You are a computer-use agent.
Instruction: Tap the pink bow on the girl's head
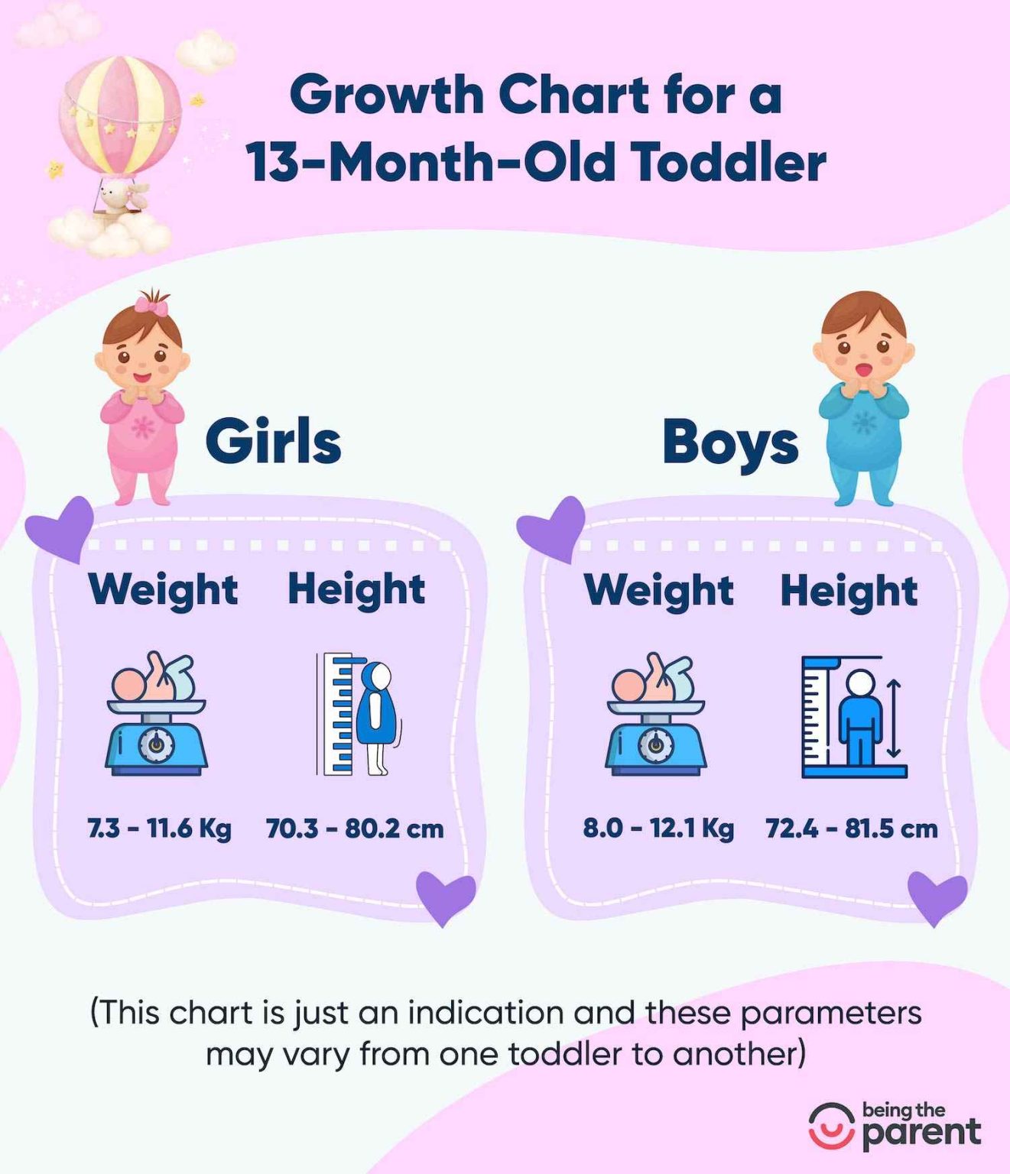pyautogui.click(x=151, y=305)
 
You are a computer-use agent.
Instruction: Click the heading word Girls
pyautogui.click(x=273, y=442)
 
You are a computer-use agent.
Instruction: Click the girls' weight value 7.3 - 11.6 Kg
pyautogui.click(x=159, y=828)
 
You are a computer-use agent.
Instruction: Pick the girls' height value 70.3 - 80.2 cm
pyautogui.click(x=355, y=829)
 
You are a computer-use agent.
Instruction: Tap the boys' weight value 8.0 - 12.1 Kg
pyautogui.click(x=658, y=828)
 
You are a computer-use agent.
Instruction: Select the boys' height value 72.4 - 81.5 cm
pyautogui.click(x=851, y=829)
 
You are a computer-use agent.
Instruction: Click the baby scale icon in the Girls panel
pyautogui.click(x=157, y=714)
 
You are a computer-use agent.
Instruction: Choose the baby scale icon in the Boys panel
pyautogui.click(x=656, y=715)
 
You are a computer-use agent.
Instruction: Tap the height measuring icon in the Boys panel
pyautogui.click(x=853, y=716)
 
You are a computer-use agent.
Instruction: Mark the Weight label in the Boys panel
pyautogui.click(x=658, y=590)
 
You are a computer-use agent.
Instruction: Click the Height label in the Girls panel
pyautogui.click(x=356, y=589)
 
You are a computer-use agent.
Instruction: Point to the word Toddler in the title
pyautogui.click(x=729, y=163)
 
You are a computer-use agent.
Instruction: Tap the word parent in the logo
pyautogui.click(x=921, y=1133)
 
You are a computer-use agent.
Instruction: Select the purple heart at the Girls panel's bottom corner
pyautogui.click(x=445, y=896)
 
